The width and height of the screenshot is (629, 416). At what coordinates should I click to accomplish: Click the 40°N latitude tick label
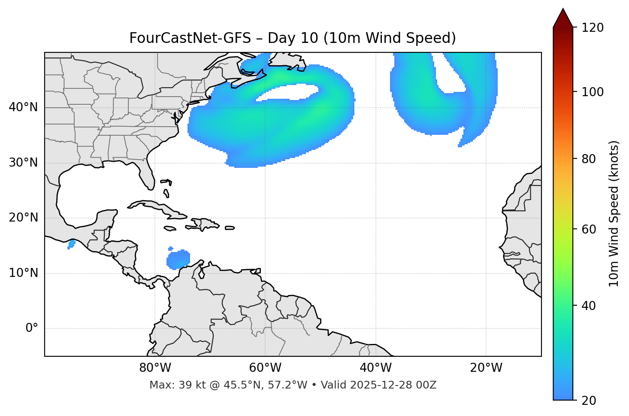(x=23, y=107)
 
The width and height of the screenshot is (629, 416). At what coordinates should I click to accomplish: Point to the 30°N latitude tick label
(x=23, y=163)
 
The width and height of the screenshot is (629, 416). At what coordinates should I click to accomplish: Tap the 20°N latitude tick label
(x=23, y=218)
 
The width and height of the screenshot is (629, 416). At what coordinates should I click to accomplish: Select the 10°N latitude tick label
(x=23, y=273)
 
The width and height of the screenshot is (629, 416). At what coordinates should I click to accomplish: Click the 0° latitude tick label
(x=32, y=328)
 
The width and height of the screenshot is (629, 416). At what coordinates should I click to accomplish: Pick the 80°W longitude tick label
(x=155, y=368)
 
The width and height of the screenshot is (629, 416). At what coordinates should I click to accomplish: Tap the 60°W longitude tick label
(x=265, y=368)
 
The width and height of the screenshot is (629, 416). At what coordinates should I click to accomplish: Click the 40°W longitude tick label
(x=375, y=368)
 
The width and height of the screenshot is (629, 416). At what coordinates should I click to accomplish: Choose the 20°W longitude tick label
(x=486, y=368)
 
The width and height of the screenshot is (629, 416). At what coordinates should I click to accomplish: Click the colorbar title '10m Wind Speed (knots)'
(x=614, y=213)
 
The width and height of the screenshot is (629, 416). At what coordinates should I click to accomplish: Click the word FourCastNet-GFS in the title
(x=190, y=38)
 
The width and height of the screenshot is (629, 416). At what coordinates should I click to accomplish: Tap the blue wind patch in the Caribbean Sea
(x=178, y=259)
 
